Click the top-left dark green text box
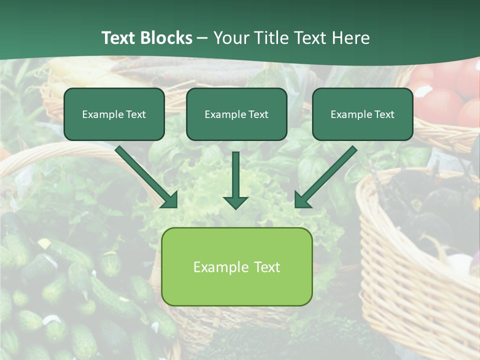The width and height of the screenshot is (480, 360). (114, 114)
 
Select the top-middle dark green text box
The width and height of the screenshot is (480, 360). (236, 114)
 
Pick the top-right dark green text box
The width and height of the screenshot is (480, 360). (362, 114)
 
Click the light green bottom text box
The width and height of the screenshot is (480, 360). (236, 266)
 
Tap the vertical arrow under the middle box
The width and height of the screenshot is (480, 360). (235, 175)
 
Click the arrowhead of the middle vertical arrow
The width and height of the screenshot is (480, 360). (235, 202)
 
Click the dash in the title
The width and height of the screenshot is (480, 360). (202, 38)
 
